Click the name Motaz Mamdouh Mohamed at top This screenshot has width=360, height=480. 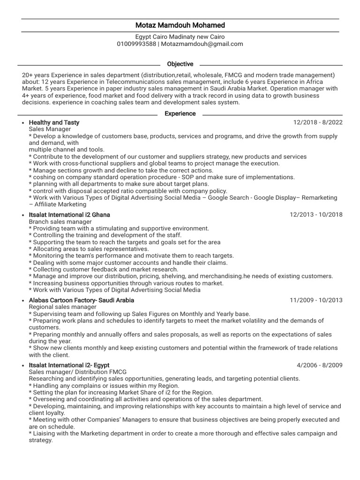[180, 25]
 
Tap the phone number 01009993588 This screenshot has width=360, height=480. [136, 44]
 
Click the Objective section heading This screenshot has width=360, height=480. [180, 64]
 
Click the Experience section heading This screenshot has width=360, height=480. [180, 113]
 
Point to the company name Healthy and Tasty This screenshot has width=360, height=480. [54, 122]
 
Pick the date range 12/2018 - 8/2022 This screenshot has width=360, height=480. [318, 122]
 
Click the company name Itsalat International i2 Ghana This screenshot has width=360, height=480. [69, 215]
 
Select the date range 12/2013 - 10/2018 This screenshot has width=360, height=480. [316, 215]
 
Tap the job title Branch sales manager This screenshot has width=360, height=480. [60, 222]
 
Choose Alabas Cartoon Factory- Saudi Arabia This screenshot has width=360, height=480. [82, 300]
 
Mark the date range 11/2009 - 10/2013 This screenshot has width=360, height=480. [316, 300]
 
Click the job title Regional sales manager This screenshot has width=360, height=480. [62, 307]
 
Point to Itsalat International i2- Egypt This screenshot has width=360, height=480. [69, 365]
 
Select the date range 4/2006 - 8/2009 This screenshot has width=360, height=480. [320, 365]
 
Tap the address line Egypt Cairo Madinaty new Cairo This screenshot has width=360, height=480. [180, 37]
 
